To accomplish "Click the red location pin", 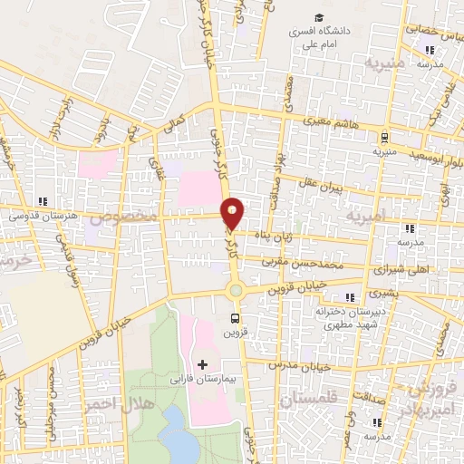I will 233,213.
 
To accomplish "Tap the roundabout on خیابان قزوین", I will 236,290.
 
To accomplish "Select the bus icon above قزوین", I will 236,318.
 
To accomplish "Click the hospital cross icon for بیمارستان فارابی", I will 201,364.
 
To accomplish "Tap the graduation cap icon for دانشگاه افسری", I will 318,18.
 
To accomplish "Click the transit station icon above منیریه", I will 386,138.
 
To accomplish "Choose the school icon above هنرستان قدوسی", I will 40,201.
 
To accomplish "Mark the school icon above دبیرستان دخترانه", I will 351,296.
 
